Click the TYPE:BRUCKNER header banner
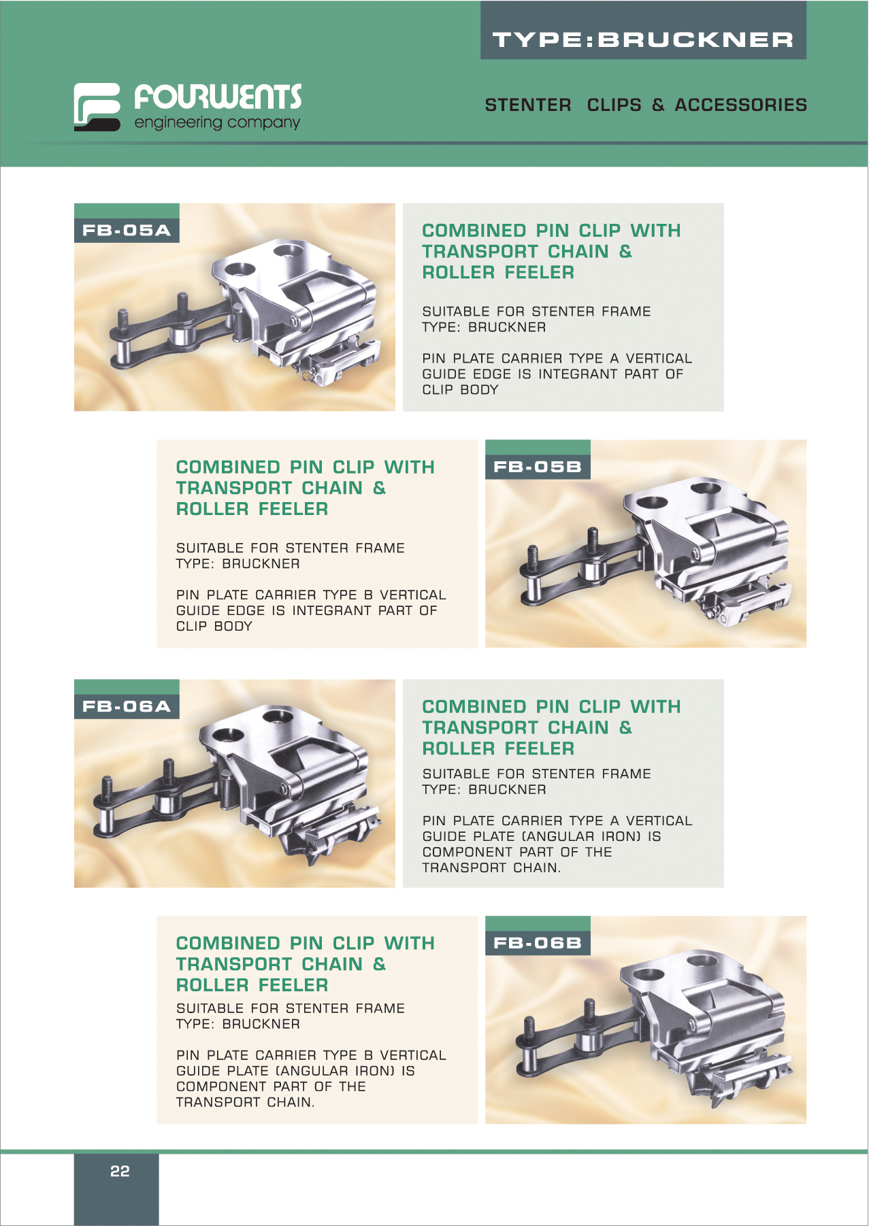click(x=643, y=31)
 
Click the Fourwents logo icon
click(x=97, y=107)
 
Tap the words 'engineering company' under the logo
click(x=217, y=123)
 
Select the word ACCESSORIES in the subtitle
click(x=740, y=105)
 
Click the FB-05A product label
click(x=127, y=230)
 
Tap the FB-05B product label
click(x=538, y=467)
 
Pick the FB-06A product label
click(x=127, y=706)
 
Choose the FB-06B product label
click(x=538, y=943)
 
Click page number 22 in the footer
click(x=120, y=1171)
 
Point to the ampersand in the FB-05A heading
click(x=625, y=252)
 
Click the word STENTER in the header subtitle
click(x=528, y=105)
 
